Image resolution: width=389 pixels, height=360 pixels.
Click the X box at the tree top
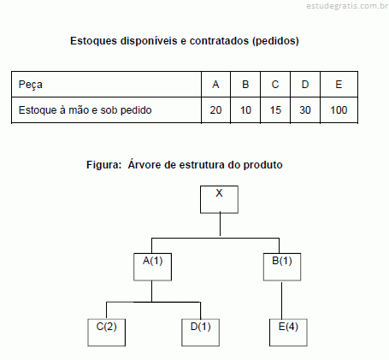(x=219, y=199)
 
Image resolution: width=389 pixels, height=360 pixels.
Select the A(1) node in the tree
(x=152, y=267)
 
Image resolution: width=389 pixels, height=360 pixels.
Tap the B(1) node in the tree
(x=282, y=267)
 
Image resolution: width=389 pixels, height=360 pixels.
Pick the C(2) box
(x=106, y=333)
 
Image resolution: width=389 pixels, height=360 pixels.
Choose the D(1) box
(x=200, y=333)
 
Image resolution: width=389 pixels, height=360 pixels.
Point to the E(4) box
(x=288, y=333)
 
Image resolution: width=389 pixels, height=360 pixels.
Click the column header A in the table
(x=215, y=85)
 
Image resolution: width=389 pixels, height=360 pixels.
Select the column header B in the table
(x=245, y=85)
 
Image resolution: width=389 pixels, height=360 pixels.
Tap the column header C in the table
(x=275, y=85)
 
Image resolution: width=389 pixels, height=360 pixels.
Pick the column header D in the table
(x=305, y=85)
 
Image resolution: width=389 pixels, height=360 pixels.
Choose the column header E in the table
(x=339, y=85)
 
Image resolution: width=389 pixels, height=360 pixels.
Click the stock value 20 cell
(x=215, y=110)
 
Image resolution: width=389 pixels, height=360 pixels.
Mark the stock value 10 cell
(x=245, y=110)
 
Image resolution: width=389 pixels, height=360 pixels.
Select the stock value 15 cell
(x=275, y=110)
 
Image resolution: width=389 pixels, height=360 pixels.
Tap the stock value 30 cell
(x=305, y=110)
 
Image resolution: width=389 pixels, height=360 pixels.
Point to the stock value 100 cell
(x=339, y=110)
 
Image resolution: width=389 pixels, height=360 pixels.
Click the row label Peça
(x=31, y=85)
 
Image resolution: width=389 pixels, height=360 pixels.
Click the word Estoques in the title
(x=94, y=41)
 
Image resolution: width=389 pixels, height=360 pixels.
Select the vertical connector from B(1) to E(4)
(x=282, y=300)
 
